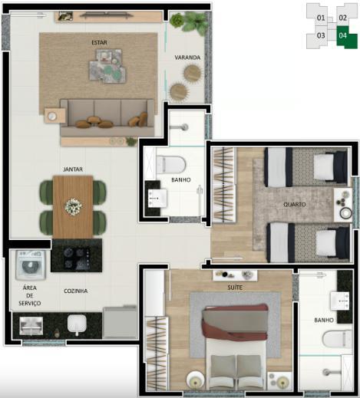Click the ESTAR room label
[x=99, y=42]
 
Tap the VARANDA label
[x=187, y=58]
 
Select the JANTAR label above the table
[x=73, y=169]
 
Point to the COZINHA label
[x=76, y=291]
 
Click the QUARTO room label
[x=295, y=205]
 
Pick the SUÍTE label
[x=235, y=288]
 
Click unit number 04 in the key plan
[x=342, y=35]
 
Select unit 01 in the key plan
[x=321, y=18]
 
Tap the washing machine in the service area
[x=31, y=265]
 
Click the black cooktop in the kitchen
[x=77, y=256]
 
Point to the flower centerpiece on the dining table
[x=74, y=206]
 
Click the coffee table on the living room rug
[x=107, y=66]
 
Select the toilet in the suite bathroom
[x=336, y=339]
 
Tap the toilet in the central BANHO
[x=170, y=164]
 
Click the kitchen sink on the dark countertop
[x=77, y=324]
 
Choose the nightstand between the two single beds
[x=342, y=205]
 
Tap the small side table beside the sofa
[x=54, y=116]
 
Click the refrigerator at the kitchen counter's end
[x=120, y=323]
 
